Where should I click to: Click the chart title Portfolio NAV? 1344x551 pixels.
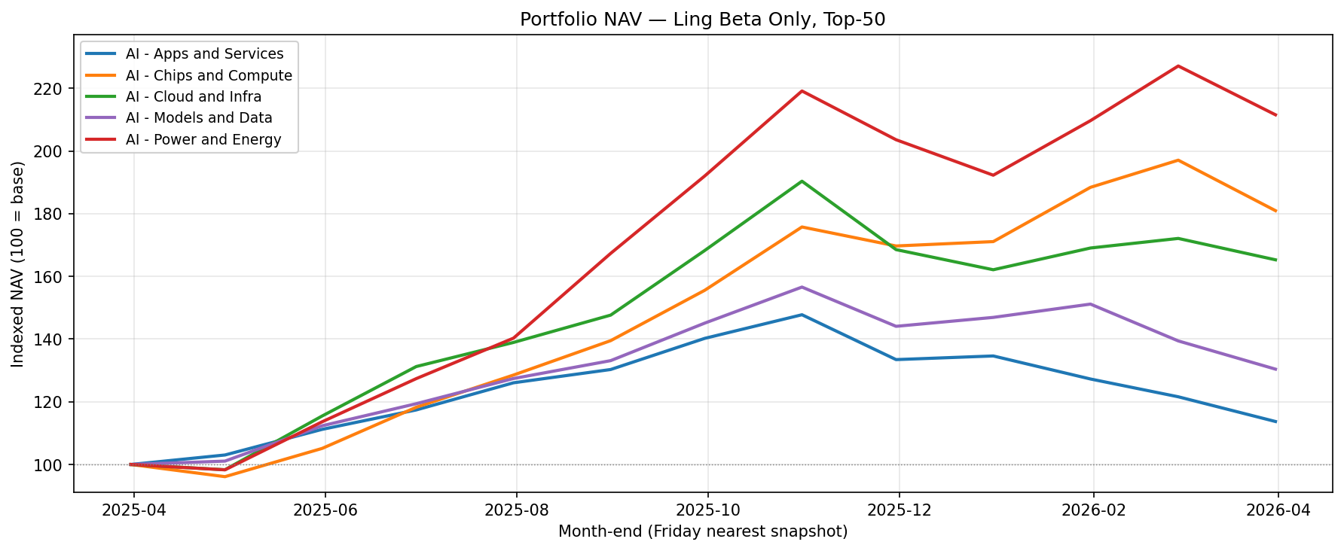click(x=702, y=20)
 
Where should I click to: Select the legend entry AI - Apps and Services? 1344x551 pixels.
click(x=204, y=54)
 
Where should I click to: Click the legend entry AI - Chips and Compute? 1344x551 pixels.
click(x=209, y=75)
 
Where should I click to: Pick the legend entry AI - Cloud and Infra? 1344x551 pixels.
click(x=194, y=96)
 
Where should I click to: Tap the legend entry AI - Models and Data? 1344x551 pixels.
click(x=199, y=117)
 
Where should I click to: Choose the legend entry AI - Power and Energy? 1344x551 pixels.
click(x=203, y=139)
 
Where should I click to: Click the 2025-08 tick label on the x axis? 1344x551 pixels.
click(x=516, y=510)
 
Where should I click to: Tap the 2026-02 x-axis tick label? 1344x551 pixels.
click(x=1092, y=510)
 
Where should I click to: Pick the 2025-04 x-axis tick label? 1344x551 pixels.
click(x=133, y=510)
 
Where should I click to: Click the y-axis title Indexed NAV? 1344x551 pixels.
click(x=18, y=263)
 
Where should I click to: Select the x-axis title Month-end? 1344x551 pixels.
click(x=702, y=531)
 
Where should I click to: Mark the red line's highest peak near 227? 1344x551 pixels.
click(x=1178, y=66)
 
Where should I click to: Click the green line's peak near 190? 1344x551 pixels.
click(x=802, y=181)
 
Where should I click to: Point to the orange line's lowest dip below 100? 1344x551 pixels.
click(x=225, y=476)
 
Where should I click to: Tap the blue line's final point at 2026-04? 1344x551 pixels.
click(x=1276, y=422)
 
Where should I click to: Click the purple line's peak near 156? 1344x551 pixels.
click(x=802, y=287)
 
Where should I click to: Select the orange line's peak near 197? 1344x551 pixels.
click(x=1178, y=160)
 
